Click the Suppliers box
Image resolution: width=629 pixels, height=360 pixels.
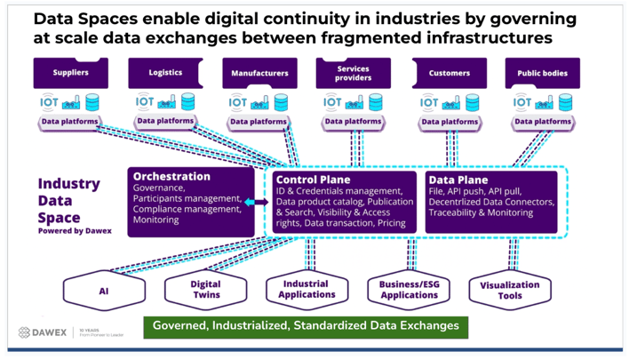[70, 73]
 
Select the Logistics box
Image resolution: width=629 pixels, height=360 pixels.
[165, 73]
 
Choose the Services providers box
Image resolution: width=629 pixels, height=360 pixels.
[354, 73]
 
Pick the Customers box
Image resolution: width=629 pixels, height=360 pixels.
[449, 73]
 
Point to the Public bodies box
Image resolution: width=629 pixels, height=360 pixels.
[542, 73]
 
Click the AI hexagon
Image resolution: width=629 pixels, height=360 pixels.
[103, 290]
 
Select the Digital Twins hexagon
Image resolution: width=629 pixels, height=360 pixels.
[205, 290]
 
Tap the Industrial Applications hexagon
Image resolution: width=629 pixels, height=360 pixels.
[307, 289]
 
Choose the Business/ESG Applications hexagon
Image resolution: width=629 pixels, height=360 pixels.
[409, 289]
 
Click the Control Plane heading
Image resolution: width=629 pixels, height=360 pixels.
[313, 180]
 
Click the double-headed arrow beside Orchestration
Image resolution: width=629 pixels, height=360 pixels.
[255, 204]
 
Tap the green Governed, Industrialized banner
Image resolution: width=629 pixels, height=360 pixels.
[306, 326]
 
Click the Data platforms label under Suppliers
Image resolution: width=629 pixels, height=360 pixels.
[71, 122]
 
